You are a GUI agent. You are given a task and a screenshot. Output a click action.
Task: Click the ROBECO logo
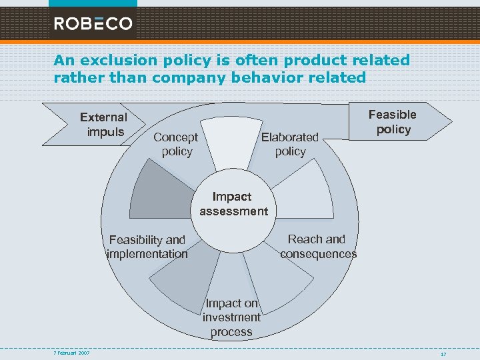point(93,24)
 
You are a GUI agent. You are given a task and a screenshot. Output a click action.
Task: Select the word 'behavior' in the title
point(261,77)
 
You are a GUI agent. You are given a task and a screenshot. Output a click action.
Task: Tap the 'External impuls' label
point(103,125)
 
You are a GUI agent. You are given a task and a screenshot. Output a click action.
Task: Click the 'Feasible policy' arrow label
point(393,122)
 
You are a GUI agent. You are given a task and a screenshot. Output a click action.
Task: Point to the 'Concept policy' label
point(176,144)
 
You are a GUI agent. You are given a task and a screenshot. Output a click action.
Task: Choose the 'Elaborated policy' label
point(290,144)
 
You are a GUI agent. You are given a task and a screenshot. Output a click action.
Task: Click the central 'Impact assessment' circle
point(231,205)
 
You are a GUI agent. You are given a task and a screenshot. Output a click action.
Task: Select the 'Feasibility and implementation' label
point(147,247)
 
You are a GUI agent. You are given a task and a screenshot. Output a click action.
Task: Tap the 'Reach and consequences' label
point(317,246)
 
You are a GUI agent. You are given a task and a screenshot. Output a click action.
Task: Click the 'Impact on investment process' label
point(231,317)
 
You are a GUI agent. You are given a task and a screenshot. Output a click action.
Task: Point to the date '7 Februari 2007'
point(72,353)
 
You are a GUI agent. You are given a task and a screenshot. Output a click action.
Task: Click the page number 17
point(443,353)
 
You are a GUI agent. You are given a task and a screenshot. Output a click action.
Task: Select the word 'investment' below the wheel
point(231,317)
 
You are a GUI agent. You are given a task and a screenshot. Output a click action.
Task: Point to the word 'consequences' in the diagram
point(318,253)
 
